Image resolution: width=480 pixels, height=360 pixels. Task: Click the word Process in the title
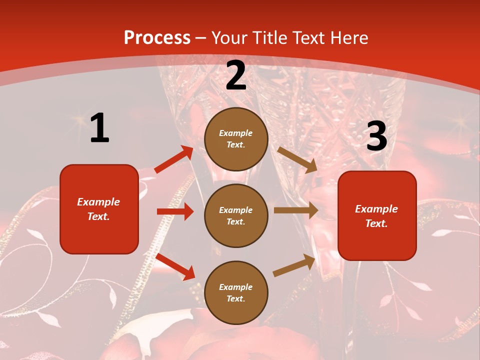(157, 37)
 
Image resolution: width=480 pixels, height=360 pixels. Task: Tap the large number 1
(99, 128)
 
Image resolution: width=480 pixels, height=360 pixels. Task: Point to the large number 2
(236, 75)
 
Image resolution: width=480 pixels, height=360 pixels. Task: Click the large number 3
(376, 136)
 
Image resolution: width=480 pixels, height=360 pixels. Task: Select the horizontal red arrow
(175, 211)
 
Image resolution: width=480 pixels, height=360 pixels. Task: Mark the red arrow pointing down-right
(175, 266)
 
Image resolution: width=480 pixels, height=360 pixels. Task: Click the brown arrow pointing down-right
(297, 159)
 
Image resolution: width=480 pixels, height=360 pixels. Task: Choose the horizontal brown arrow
(295, 210)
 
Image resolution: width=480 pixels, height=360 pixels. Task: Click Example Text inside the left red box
(98, 209)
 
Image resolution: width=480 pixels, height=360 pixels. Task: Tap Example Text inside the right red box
(376, 216)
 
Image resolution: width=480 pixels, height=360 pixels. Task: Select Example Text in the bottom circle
(235, 292)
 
